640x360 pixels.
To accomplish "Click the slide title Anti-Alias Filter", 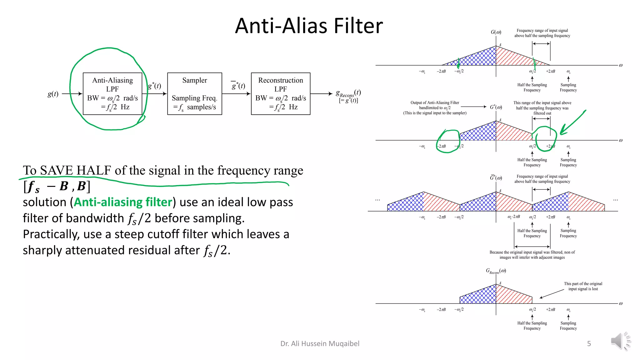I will point(309,26).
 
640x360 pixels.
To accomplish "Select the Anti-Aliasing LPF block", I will point(112,93).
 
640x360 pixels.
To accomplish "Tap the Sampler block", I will point(194,93).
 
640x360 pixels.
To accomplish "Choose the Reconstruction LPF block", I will point(280,93).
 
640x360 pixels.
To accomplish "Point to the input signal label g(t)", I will point(53,94).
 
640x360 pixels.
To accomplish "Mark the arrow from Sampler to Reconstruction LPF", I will point(236,93).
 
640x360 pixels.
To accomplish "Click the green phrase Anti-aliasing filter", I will point(123,202).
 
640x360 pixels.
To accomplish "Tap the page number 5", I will point(589,344).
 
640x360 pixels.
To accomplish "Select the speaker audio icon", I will point(620,341).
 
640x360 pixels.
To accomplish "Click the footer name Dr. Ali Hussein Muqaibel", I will point(320,344).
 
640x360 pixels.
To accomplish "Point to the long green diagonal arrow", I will point(572,123).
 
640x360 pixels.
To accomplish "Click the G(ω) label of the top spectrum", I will point(496,32).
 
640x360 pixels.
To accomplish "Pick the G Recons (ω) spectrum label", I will point(496,271).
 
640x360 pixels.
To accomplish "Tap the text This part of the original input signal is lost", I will point(583,286).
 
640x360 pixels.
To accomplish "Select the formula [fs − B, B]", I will point(57,186).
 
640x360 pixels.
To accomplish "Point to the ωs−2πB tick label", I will point(513,217).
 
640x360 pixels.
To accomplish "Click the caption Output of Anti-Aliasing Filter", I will point(434,102).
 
